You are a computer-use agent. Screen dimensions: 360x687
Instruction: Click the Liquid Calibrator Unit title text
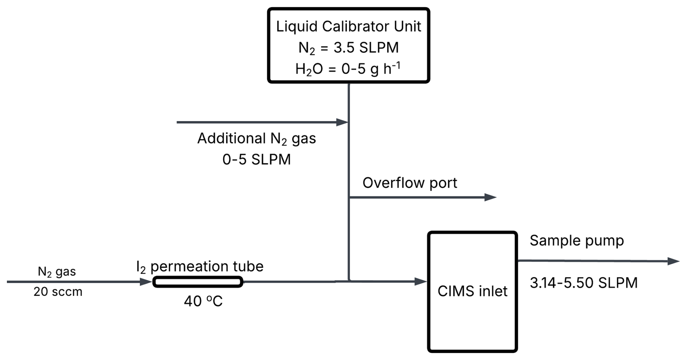pyautogui.click(x=348, y=26)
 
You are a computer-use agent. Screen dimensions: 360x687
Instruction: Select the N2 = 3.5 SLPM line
pyautogui.click(x=348, y=48)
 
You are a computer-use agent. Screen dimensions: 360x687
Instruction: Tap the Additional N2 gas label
pyautogui.click(x=256, y=139)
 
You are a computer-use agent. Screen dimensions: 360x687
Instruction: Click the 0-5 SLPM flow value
pyautogui.click(x=256, y=159)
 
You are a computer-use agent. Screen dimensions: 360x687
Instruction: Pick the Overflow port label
pyautogui.click(x=410, y=183)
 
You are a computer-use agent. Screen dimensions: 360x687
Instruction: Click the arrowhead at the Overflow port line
pyautogui.click(x=491, y=197)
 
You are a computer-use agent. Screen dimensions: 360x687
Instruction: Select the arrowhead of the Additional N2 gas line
pyautogui.click(x=342, y=122)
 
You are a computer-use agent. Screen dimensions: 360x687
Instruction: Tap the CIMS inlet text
pyautogui.click(x=472, y=291)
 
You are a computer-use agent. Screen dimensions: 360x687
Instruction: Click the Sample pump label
pyautogui.click(x=577, y=241)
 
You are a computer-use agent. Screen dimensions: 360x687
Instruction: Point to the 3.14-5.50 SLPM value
pyautogui.click(x=584, y=283)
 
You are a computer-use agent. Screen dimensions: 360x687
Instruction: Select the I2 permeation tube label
pyautogui.click(x=200, y=267)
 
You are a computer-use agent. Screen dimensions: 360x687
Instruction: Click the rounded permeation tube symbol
pyautogui.click(x=198, y=282)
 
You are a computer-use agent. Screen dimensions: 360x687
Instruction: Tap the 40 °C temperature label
pyautogui.click(x=203, y=301)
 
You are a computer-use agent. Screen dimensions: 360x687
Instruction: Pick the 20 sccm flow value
pyautogui.click(x=58, y=292)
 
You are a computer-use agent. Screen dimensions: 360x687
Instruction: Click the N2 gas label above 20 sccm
pyautogui.click(x=57, y=272)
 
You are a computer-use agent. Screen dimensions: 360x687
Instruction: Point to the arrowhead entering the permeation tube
pyautogui.click(x=146, y=282)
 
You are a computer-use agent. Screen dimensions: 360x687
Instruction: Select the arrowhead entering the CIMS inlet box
pyautogui.click(x=421, y=281)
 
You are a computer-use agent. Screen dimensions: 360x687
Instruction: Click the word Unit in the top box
pyautogui.click(x=407, y=26)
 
